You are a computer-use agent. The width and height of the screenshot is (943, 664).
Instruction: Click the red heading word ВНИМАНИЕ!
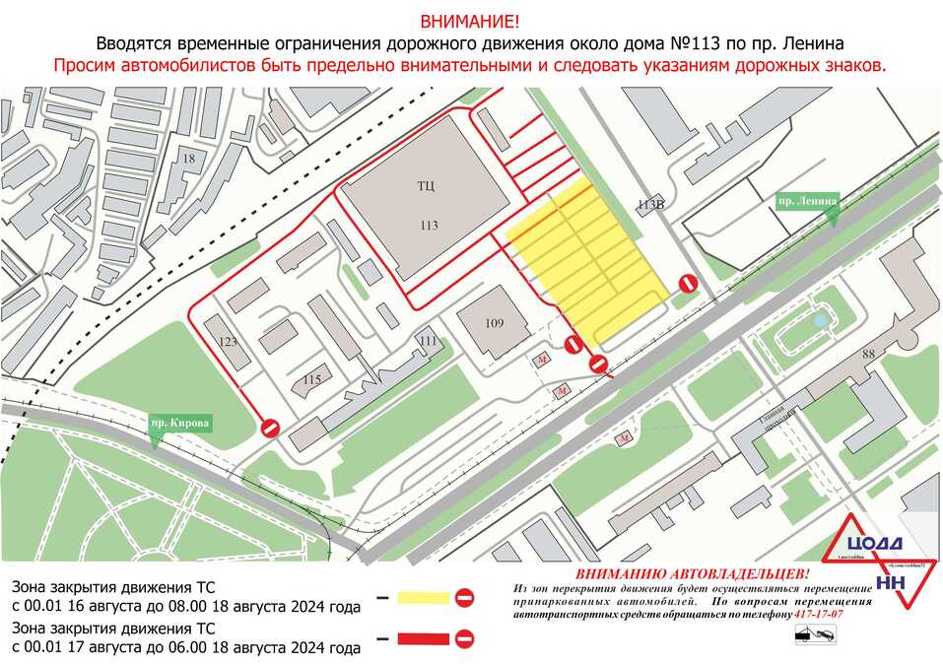point(471,21)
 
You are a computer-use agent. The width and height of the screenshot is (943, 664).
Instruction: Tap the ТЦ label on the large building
point(426,185)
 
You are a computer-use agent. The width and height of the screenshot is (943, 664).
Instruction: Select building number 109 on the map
point(494,323)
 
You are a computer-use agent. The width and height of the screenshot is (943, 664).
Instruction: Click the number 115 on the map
point(312,379)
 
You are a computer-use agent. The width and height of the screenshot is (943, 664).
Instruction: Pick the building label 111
point(428,341)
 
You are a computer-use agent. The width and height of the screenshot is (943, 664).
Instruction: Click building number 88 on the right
point(868,355)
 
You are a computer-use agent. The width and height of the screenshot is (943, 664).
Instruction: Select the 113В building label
point(651,205)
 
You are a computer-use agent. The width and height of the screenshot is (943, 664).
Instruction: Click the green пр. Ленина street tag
point(807,201)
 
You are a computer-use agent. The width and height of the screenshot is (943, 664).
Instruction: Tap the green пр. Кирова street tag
point(180,424)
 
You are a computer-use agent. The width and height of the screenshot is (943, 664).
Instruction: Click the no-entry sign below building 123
point(271,428)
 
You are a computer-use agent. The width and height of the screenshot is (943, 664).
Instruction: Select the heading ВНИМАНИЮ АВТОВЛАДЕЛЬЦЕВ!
point(692,573)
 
